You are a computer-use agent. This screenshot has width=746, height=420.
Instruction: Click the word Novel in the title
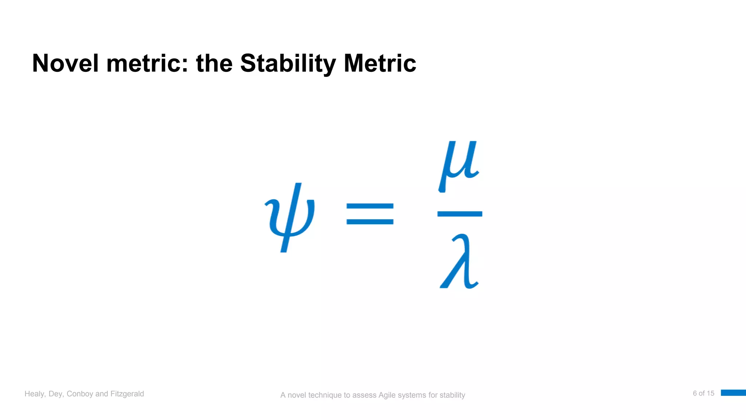point(65,63)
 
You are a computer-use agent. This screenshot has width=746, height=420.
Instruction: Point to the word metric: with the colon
point(147,63)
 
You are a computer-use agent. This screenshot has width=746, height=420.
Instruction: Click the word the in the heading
point(214,63)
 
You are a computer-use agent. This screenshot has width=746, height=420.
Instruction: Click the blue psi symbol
point(290,217)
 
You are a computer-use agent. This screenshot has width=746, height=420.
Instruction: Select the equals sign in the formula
point(370,214)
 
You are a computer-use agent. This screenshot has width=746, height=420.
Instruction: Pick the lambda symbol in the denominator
point(459,262)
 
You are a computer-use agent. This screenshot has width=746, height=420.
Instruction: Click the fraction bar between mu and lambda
point(460,214)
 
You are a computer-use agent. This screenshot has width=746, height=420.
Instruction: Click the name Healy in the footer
point(35,394)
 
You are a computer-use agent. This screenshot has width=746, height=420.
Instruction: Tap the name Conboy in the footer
point(80,394)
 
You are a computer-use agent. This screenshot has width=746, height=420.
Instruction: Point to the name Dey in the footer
point(56,394)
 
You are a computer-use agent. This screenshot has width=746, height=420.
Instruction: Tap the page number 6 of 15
point(703,393)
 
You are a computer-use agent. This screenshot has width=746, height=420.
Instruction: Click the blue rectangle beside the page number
point(733,393)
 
